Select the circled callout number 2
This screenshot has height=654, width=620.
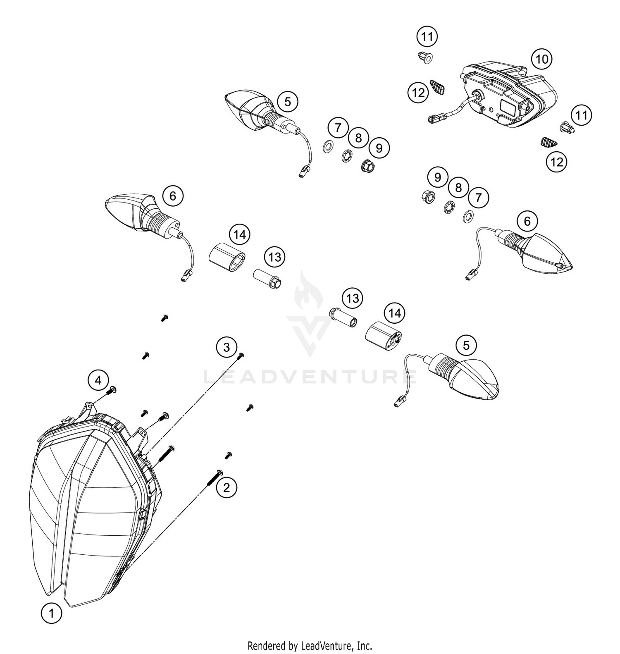(226, 488)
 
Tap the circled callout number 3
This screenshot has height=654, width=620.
(227, 347)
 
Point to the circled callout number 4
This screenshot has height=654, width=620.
(98, 380)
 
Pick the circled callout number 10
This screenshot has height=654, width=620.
(542, 60)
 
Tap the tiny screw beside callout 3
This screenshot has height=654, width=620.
(241, 355)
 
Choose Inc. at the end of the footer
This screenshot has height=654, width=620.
(364, 645)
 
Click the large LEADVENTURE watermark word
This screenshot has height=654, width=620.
(310, 377)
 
